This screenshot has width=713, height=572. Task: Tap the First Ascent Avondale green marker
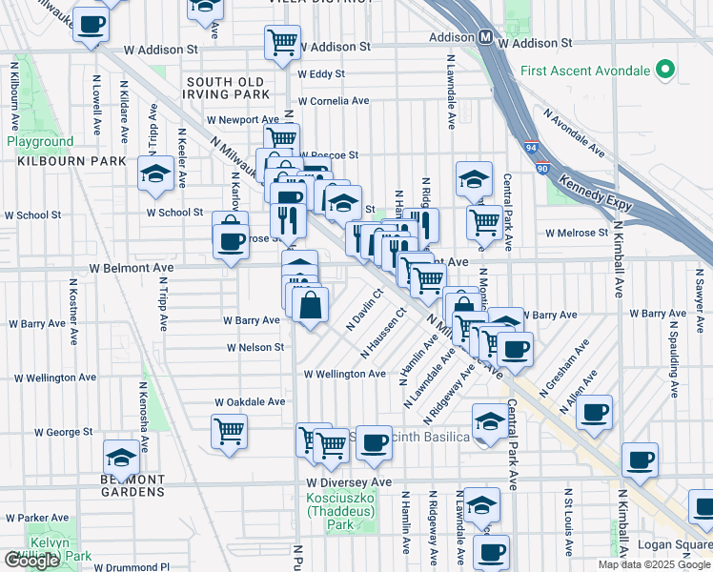666,71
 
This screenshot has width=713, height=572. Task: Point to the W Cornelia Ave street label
333,101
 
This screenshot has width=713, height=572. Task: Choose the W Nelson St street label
255,348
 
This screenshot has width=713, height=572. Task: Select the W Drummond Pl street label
136,566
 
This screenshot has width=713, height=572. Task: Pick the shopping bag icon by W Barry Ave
311,305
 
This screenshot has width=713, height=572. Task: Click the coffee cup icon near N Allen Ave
595,412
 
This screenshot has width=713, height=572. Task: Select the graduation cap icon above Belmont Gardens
121,456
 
